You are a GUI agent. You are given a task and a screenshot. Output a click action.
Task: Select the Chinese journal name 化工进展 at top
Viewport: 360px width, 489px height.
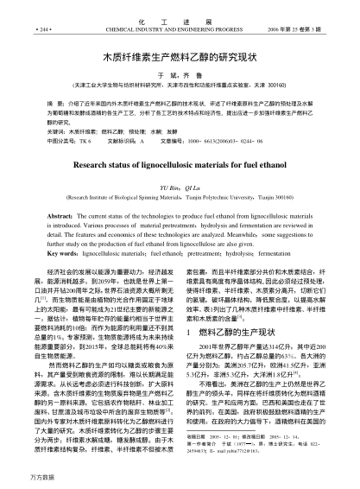point(180,17)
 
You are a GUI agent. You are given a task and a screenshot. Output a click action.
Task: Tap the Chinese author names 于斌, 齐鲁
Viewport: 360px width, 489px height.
point(180,75)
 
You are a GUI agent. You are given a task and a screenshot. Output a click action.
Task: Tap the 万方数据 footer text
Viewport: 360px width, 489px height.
point(18,477)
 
